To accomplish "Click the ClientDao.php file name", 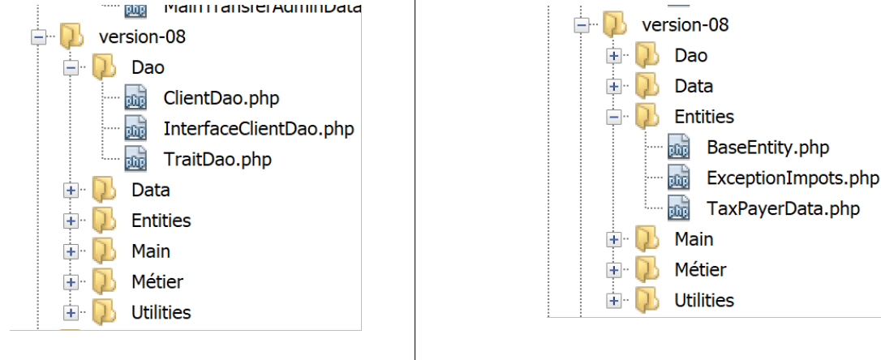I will point(221,98).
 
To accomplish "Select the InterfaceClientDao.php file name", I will point(259,129).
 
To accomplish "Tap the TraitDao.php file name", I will point(217,160).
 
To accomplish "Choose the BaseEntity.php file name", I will point(767,148).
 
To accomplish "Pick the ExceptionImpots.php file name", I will point(793,178).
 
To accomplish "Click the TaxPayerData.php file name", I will point(783,208).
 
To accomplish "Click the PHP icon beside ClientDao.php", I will point(135,98).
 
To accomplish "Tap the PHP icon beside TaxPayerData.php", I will point(678,208).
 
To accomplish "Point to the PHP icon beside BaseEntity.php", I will point(678,148).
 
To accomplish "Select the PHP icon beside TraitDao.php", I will point(135,160).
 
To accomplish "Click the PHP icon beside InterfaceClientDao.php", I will point(135,129).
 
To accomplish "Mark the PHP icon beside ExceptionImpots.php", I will point(678,178).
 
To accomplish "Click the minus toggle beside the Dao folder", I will point(71,68).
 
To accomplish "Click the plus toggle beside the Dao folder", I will point(614,56).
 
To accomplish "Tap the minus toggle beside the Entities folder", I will point(614,118).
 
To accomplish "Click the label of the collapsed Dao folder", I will point(690,56).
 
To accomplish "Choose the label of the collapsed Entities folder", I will point(161,221).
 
